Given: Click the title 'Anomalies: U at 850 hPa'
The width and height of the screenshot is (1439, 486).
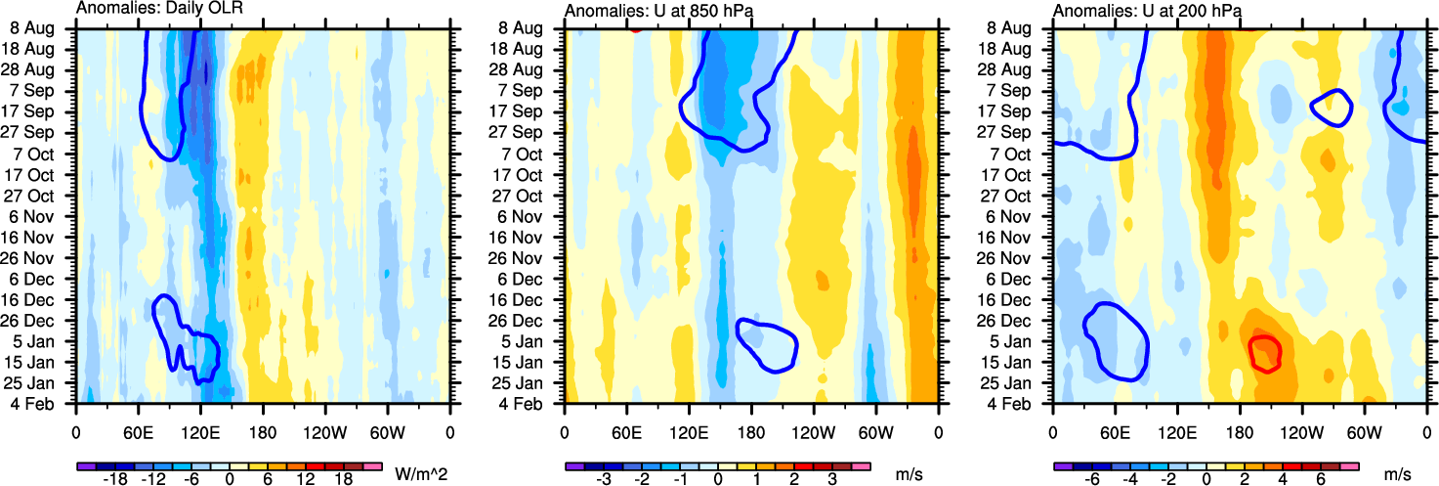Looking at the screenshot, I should point(649,10).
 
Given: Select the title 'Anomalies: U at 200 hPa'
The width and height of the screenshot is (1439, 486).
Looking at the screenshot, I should point(1137,10).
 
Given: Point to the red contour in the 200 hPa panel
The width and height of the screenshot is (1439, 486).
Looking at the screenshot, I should point(1265,352).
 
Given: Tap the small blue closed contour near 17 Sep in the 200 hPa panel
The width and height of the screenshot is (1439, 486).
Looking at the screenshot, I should point(1331,108).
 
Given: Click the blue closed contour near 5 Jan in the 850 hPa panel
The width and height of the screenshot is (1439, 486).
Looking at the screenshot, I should point(767,345).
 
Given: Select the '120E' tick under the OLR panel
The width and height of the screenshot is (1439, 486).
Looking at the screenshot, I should point(200,430).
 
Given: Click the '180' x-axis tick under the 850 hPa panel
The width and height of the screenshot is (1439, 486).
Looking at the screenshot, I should point(751,430).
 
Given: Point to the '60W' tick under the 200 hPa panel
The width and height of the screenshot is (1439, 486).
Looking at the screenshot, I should point(1364,430).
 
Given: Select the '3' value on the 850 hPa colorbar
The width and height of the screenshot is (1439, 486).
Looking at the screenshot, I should point(831,481).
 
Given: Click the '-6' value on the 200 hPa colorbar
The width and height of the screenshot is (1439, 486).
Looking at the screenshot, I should point(1093,481).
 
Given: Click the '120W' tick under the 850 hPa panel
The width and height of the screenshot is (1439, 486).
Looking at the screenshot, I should point(813,430).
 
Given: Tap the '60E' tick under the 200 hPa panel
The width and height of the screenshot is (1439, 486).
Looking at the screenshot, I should point(1115,430).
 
